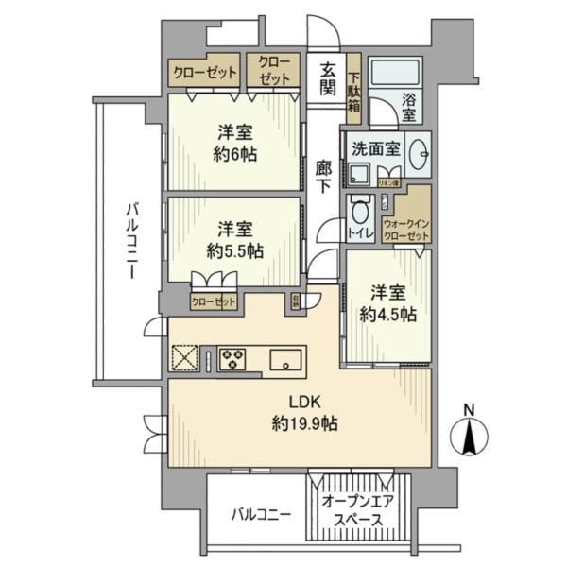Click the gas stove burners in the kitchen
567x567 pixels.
pyautogui.click(x=232, y=359)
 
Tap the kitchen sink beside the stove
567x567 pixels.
pyautogui.click(x=285, y=359)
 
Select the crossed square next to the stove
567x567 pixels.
pyautogui.click(x=184, y=359)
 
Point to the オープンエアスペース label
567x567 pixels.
pyautogui.click(x=352, y=510)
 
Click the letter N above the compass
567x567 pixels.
pyautogui.click(x=470, y=409)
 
